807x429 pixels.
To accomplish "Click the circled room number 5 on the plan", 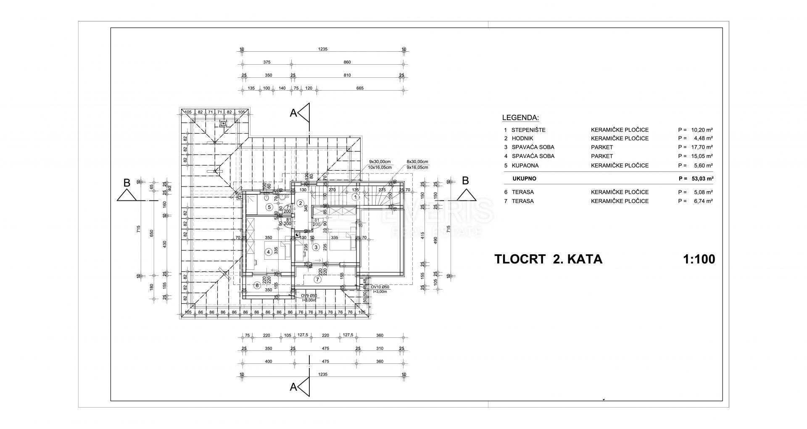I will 269,207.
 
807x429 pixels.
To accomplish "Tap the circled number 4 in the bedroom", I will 268,252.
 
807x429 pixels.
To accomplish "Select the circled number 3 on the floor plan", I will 315,247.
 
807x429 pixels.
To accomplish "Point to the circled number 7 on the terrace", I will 317,279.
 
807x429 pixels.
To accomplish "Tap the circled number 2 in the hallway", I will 301,203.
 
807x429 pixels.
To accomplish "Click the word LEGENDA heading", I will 520,118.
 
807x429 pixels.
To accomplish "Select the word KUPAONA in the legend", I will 525,166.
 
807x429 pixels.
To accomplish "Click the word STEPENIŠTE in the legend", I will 528,130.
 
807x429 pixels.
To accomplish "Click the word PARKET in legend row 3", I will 602,147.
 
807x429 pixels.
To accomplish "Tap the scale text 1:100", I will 699,259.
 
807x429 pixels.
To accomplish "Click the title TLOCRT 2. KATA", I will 548,259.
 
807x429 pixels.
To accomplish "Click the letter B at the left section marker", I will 127,182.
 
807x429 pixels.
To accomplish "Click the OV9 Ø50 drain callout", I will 309,295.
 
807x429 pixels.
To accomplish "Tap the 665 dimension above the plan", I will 359,88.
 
